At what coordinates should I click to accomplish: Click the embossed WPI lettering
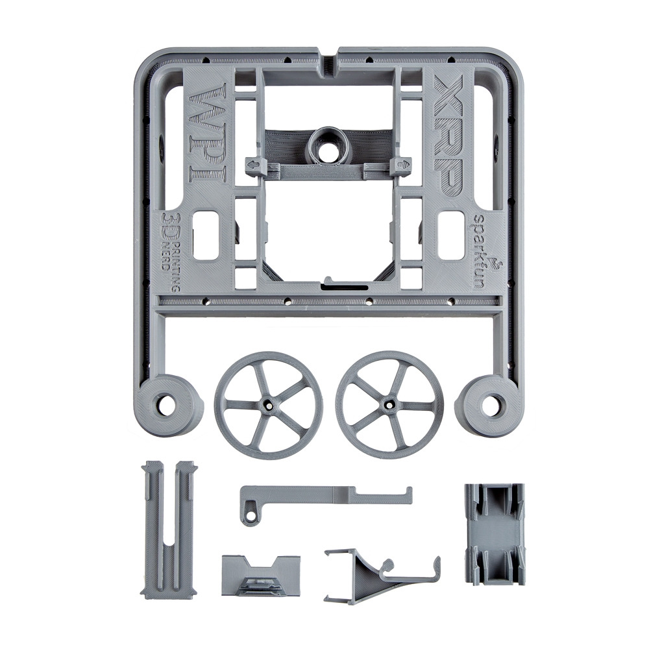coord(208,134)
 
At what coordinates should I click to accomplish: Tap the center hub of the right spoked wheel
coord(389,403)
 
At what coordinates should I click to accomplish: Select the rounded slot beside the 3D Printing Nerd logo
coord(206,236)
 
